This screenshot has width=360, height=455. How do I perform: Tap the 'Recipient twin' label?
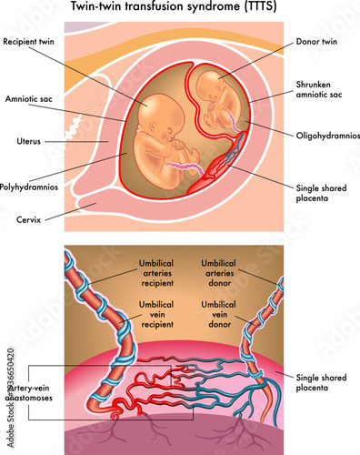pyautogui.click(x=34, y=42)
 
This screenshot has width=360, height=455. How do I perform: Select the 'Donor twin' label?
pyautogui.click(x=316, y=42)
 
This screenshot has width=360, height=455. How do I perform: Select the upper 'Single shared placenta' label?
pyautogui.click(x=321, y=193)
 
